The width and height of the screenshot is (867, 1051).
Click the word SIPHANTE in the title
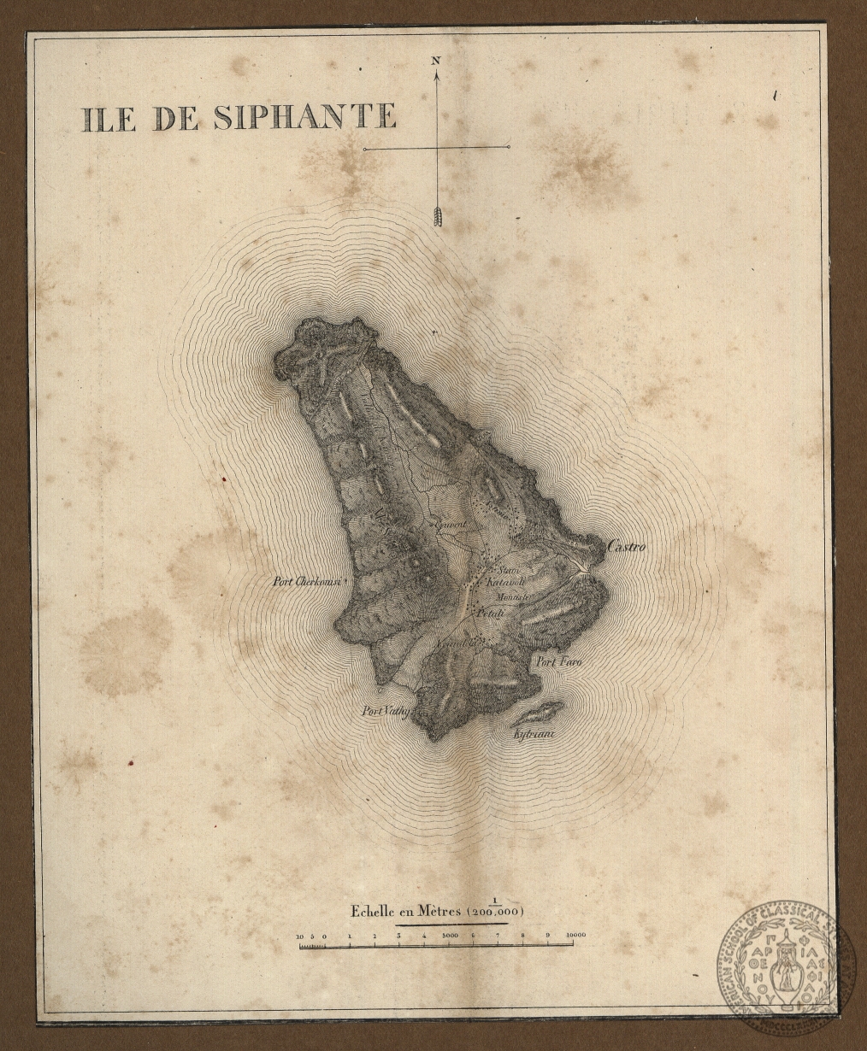pos(304,117)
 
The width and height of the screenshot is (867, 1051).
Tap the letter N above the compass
pos(436,61)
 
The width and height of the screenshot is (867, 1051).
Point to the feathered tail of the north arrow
pos(439,215)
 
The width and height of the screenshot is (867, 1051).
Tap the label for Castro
pos(626,546)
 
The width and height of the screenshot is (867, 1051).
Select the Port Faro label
pos(552,662)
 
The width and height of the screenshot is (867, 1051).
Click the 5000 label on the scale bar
pos(449,936)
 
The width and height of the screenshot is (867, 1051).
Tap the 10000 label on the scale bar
pos(575,936)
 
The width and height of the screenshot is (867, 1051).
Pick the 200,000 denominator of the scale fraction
pos(494,913)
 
